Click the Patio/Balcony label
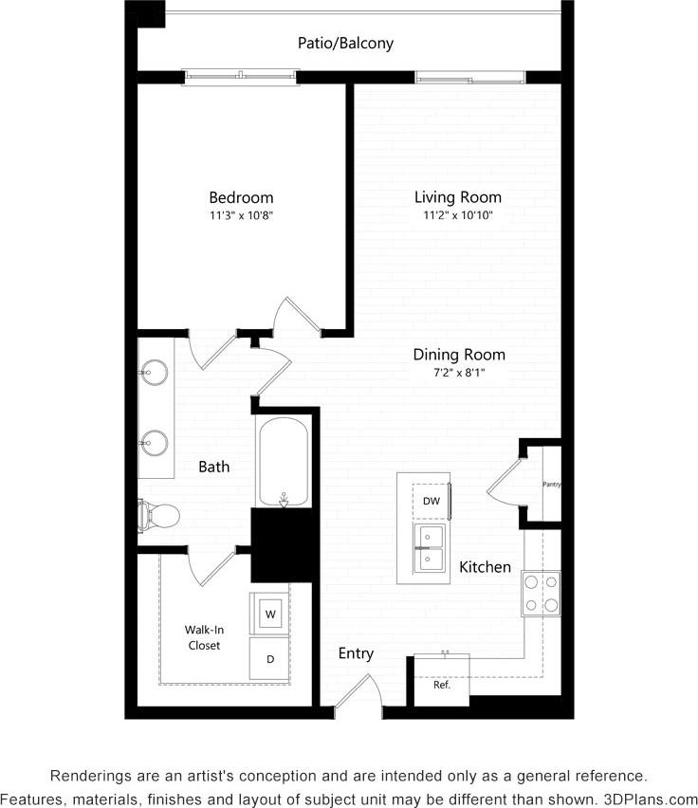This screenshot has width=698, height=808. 345,44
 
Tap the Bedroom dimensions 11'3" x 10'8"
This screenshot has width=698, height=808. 241,215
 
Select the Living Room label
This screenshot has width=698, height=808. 457,197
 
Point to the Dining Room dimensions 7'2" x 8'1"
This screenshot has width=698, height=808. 459,373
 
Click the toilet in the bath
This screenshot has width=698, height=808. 158,515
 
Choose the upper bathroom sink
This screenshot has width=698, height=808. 155,372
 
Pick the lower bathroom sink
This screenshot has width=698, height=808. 155,441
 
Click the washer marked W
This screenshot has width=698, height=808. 269,615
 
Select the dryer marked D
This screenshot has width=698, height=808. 269,658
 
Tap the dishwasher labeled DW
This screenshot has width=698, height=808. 431,501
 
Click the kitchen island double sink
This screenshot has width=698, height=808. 431,548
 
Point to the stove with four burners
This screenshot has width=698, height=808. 541,594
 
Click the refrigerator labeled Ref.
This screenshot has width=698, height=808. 442,683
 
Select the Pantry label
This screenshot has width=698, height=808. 551,485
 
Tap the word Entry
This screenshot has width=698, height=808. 356,653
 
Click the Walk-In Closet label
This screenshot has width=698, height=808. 203,636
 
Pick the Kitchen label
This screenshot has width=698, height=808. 485,567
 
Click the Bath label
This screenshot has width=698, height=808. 213,467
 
